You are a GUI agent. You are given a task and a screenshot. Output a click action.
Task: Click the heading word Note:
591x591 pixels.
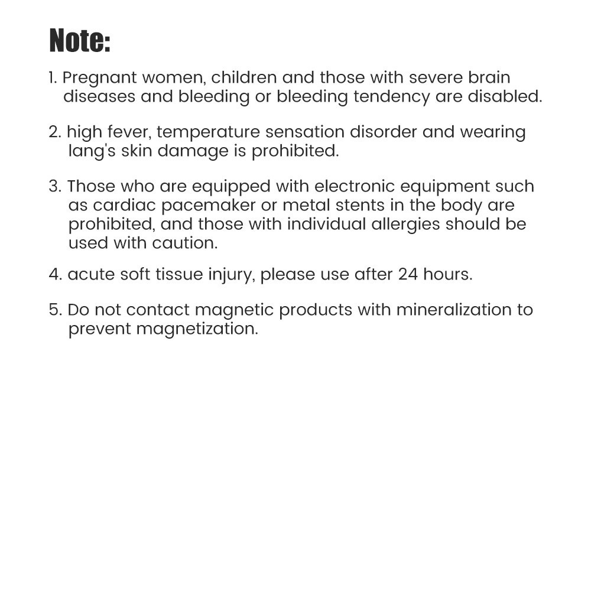(x=80, y=41)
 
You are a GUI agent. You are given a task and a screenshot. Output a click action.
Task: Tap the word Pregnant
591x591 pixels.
(x=99, y=78)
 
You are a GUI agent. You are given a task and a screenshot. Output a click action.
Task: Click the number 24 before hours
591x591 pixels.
(x=408, y=275)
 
